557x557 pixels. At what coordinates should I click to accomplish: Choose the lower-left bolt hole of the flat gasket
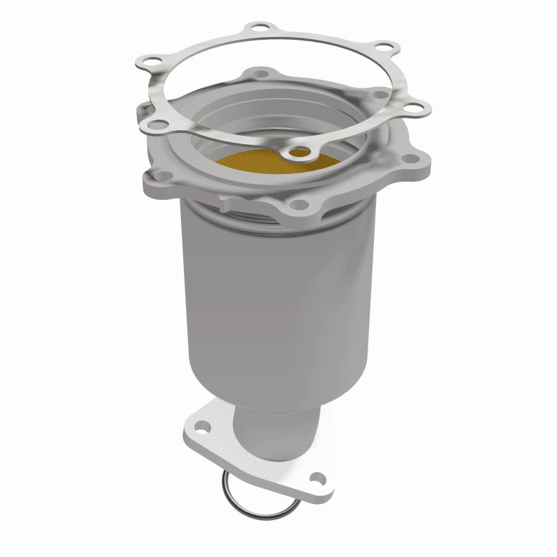pyautogui.click(x=158, y=125)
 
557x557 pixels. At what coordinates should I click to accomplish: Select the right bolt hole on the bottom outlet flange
pyautogui.click(x=317, y=478)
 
